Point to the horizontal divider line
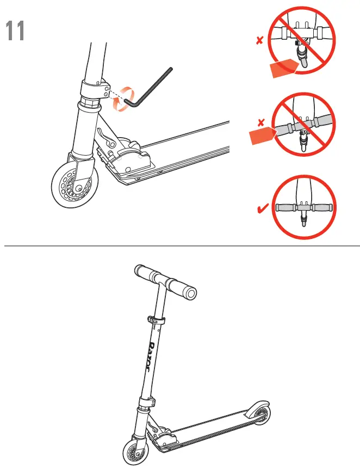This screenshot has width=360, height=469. tap(179, 246)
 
